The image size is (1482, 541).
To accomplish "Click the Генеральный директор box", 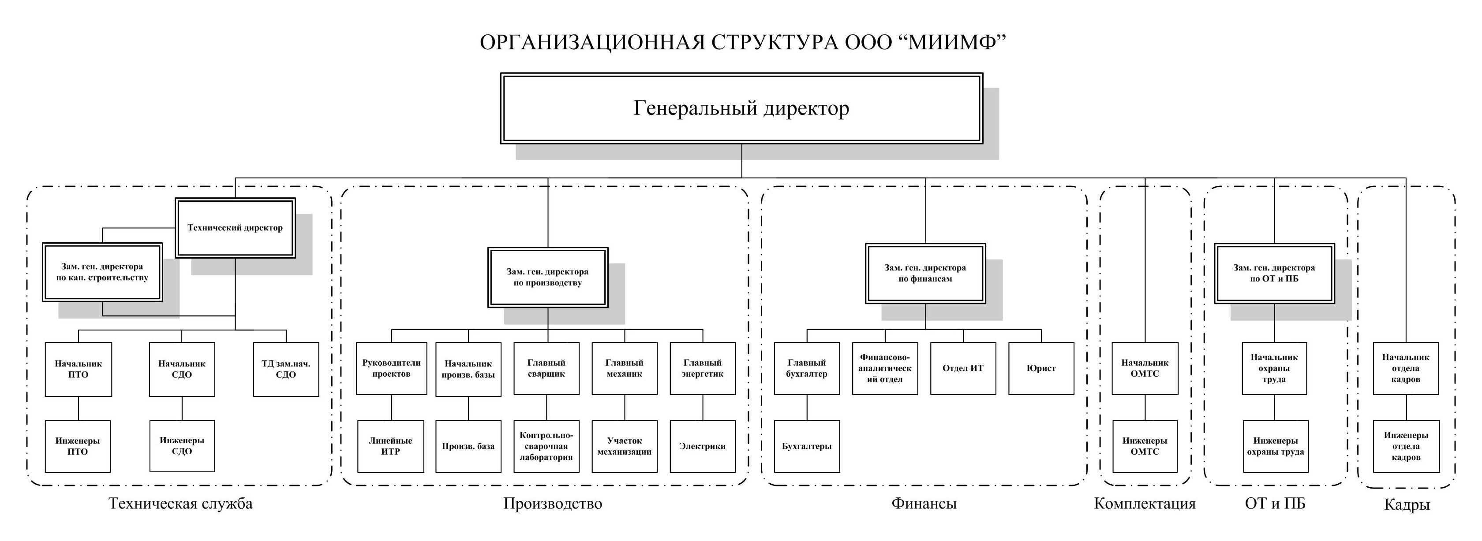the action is pos(741,108).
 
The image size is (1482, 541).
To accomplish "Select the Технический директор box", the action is pos(235,228).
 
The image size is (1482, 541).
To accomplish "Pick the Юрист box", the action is pos(1041,369).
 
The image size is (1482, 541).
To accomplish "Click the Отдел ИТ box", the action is pos(963,369).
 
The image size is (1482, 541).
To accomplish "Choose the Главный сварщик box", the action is pos(546,369).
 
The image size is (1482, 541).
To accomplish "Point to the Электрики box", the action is pos(703,446).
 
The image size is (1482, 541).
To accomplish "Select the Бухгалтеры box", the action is pos(807,446).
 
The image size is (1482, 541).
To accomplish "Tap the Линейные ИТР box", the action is pos(391,446).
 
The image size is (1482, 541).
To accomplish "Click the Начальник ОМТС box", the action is pos(1145,369).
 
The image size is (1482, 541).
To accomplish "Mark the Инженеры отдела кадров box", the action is pos(1406,446).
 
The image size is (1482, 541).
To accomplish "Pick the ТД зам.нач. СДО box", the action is pos(286,369).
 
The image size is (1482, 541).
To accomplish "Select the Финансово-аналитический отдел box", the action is pos(885,369).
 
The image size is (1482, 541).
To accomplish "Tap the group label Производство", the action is pos(553,504).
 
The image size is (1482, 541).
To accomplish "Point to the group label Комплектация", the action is pos(1145,504).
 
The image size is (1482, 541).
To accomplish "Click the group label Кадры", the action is pos(1407,505).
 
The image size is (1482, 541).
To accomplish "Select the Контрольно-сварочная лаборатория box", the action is pos(546,446).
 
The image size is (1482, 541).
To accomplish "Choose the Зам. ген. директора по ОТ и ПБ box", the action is pos(1274,273).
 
